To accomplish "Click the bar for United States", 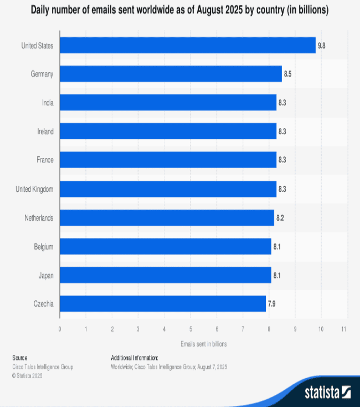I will (187, 45).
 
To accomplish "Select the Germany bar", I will (171, 74).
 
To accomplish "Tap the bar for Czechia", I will (163, 303).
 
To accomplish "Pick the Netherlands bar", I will (167, 217).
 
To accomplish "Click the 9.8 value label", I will (321, 45).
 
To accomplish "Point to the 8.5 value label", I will (288, 74).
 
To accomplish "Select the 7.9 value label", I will (272, 303).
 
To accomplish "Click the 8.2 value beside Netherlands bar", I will (280, 217).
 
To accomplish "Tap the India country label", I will (48, 103).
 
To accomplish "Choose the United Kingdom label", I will (34, 189).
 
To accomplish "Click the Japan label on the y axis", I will (45, 275).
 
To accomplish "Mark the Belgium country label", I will (43, 246).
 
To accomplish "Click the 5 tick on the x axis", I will (191, 329).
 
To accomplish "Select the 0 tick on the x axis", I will (60, 329).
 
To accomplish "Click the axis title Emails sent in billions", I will (203, 344).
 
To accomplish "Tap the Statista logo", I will (327, 393).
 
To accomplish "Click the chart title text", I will (179, 11).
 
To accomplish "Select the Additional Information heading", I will (135, 358).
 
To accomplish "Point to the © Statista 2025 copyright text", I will (27, 375).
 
